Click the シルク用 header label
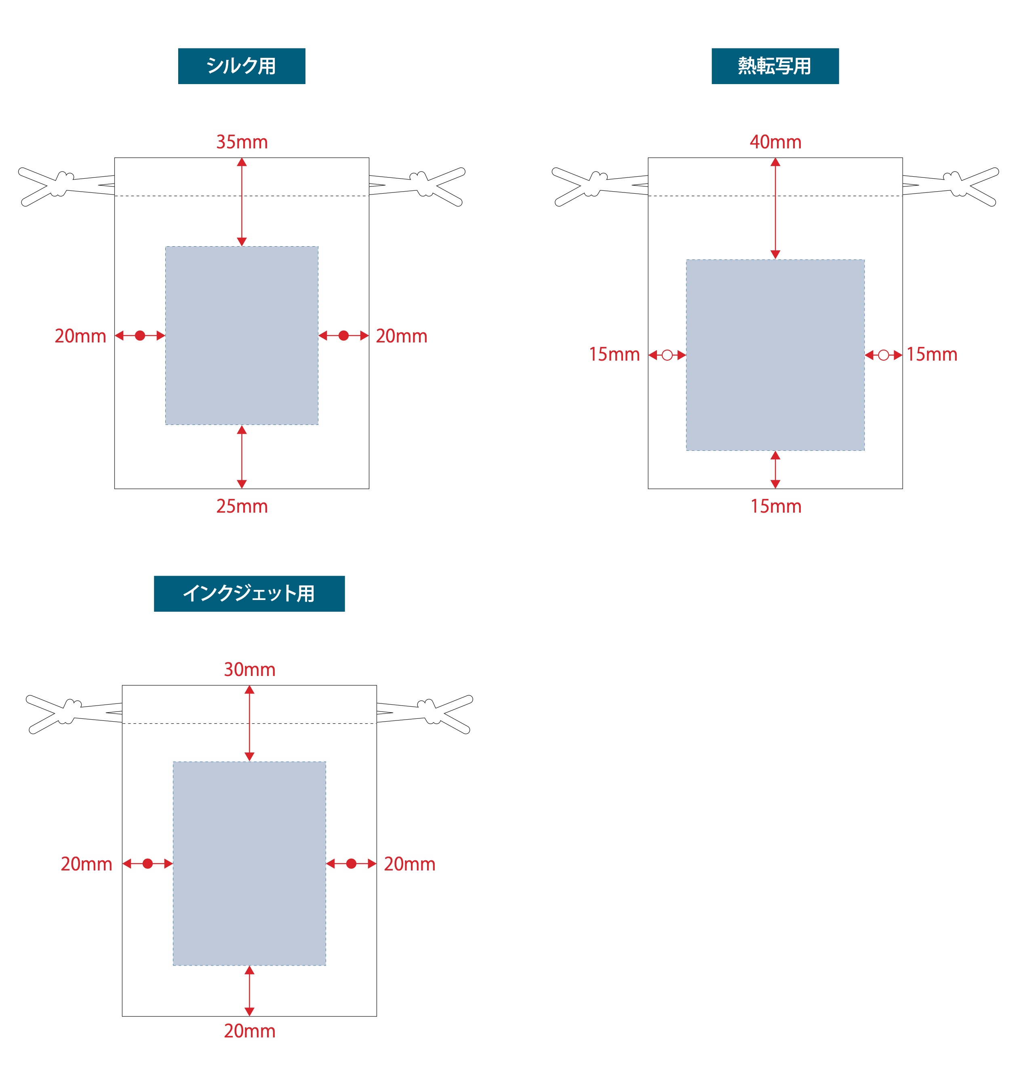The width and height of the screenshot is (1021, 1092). pyautogui.click(x=242, y=66)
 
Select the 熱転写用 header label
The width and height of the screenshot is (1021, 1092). pyautogui.click(x=775, y=66)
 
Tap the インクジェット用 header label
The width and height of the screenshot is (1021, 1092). pyautogui.click(x=249, y=593)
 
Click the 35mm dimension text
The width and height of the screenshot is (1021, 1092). pyautogui.click(x=242, y=142)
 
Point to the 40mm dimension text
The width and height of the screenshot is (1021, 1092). pyautogui.click(x=775, y=142)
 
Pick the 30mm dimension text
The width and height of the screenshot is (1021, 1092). pyautogui.click(x=250, y=670)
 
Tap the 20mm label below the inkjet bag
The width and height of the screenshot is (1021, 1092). pyautogui.click(x=250, y=1031)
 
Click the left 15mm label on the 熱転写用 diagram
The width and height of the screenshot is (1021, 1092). pyautogui.click(x=614, y=354)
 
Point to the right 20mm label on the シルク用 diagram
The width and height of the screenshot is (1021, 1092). pyautogui.click(x=401, y=336)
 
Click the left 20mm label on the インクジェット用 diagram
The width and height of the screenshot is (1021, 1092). pyautogui.click(x=86, y=864)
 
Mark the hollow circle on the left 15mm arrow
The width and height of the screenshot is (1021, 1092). pyautogui.click(x=667, y=355)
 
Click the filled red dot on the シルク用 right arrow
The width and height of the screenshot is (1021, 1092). pyautogui.click(x=343, y=336)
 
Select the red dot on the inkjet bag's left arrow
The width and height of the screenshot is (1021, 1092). pyautogui.click(x=147, y=864)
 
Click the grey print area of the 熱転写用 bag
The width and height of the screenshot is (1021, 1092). pyautogui.click(x=775, y=355)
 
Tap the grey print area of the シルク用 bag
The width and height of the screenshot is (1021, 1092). pyautogui.click(x=242, y=336)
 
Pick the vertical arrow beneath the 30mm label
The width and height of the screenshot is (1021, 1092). pyautogui.click(x=250, y=723)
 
